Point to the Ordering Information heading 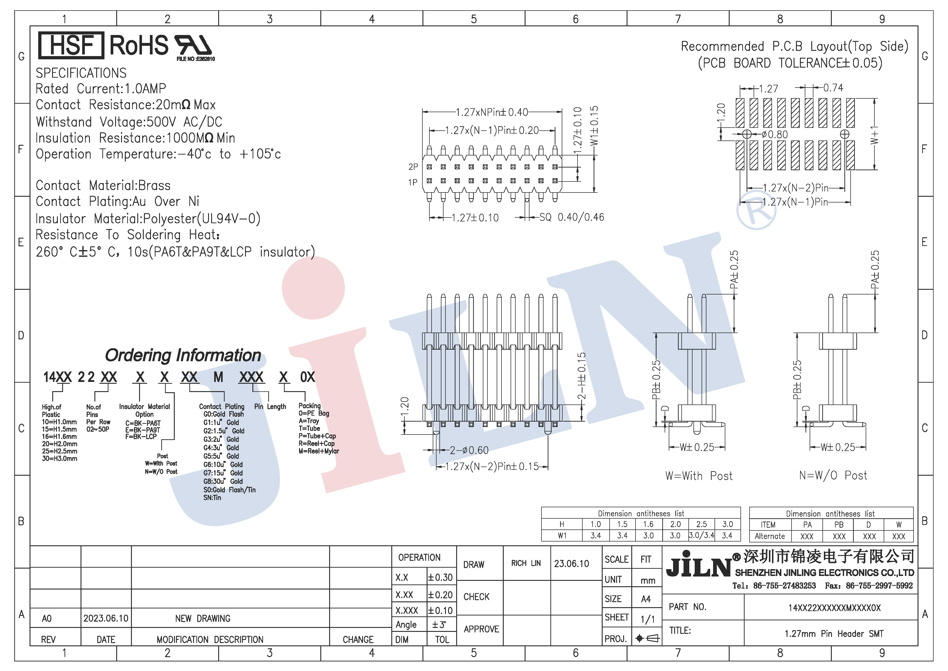[183, 355]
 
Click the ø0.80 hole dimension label [775, 135]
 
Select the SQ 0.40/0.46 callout [572, 217]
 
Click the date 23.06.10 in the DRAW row [571, 564]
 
